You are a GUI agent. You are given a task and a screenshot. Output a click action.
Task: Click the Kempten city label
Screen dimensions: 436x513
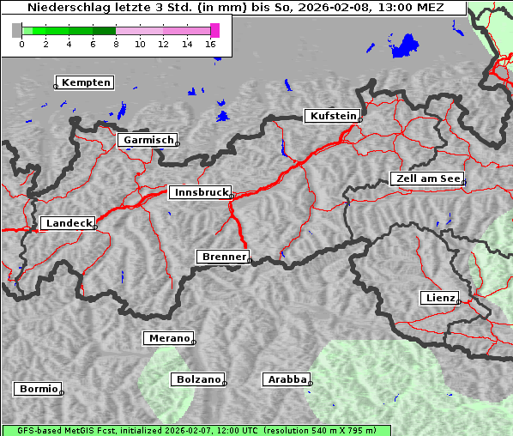tap(86, 82)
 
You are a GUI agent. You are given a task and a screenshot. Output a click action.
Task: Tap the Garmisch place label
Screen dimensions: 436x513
tap(149, 140)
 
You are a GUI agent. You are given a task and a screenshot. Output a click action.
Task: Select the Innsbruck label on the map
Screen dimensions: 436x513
tap(201, 193)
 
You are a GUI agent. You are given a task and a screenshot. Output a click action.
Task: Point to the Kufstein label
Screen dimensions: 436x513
tap(332, 116)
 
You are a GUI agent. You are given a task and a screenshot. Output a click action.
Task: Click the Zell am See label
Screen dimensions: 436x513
tap(427, 179)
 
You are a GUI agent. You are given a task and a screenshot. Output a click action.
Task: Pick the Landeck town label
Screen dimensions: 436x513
tap(69, 223)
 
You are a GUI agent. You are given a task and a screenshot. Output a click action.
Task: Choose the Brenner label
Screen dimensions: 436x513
tap(224, 257)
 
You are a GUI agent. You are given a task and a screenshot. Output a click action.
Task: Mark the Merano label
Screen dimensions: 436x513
tap(168, 338)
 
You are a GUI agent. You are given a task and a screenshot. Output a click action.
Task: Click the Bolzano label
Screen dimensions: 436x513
tap(198, 379)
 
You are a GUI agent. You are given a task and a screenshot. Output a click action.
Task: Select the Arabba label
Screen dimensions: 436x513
tap(285, 379)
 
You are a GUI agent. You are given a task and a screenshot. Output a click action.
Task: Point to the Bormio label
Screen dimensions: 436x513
tap(38, 389)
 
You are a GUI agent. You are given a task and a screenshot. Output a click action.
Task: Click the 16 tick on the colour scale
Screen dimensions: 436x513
tap(211, 44)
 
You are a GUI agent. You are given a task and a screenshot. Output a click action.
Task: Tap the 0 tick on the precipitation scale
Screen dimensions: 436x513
tap(21, 44)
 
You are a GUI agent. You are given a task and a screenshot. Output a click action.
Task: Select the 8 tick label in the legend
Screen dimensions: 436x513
tap(116, 44)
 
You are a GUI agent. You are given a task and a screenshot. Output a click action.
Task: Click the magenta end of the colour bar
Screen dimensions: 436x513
tap(214, 31)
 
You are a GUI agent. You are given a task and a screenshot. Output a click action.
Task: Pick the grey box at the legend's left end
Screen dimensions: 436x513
tap(17, 31)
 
